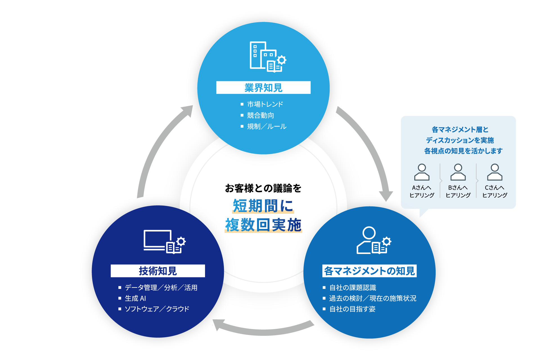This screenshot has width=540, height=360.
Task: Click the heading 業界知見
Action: pos(263,88)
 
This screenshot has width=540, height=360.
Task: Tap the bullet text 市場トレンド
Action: pos(265,104)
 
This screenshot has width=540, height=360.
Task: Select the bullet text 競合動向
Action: pos(260,115)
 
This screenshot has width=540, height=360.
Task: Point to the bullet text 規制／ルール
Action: pos(267,127)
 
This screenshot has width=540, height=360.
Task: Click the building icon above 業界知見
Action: pos(267,57)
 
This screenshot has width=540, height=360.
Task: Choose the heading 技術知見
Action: pos(158,271)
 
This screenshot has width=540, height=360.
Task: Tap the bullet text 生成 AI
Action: pos(135,298)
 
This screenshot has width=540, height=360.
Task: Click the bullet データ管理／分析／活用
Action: pos(161,288)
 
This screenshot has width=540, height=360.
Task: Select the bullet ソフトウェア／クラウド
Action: pos(157,309)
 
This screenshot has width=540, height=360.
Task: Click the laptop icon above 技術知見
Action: pos(164,242)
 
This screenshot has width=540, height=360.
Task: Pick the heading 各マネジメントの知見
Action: pos(369,271)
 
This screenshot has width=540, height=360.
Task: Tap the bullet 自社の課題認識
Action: pos(353,288)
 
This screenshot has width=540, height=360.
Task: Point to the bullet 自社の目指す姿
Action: pos(352,309)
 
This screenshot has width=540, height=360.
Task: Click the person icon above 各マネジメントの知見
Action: pos(373,240)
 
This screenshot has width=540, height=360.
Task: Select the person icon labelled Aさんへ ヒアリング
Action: pos(422,172)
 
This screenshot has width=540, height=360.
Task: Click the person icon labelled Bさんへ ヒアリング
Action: pos(458,172)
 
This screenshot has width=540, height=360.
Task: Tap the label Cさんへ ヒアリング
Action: pos(495,191)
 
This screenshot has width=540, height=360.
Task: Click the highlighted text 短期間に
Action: pos(263,206)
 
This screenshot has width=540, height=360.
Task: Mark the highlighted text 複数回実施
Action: pos(263,225)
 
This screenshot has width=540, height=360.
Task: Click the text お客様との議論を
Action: pos(263,188)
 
